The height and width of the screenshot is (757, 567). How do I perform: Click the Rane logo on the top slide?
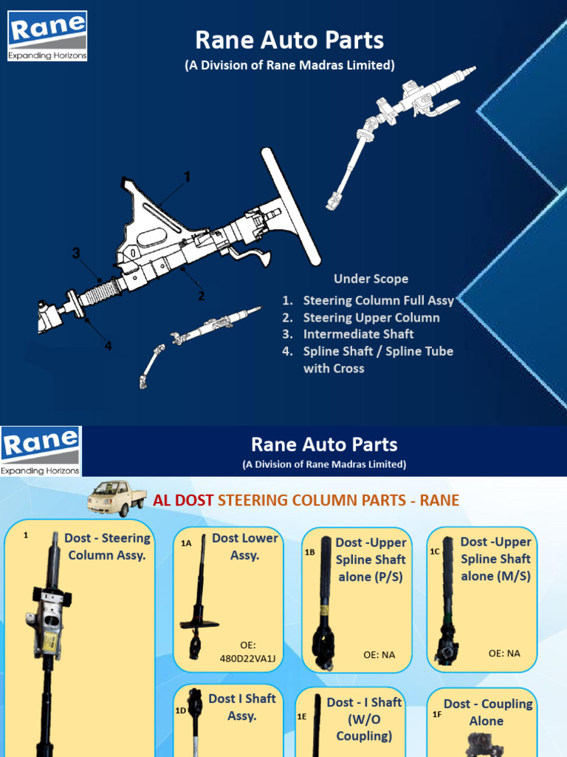click(x=47, y=35)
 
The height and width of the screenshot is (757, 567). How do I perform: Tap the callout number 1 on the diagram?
click(x=187, y=177)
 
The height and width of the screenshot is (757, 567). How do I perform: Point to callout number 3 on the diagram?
click(x=75, y=254)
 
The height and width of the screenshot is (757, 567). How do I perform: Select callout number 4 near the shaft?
click(x=109, y=345)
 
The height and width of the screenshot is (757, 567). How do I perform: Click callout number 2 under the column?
click(x=201, y=296)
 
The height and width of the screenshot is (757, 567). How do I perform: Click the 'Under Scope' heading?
click(x=371, y=279)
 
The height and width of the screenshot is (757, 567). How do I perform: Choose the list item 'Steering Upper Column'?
click(x=371, y=317)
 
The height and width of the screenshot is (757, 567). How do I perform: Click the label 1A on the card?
click(x=186, y=543)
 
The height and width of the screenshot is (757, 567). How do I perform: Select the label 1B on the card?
click(x=310, y=551)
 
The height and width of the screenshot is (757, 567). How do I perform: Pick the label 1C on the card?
click(x=435, y=551)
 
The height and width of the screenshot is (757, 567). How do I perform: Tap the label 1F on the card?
click(x=437, y=714)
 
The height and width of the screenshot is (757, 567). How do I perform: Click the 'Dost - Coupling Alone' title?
click(x=487, y=712)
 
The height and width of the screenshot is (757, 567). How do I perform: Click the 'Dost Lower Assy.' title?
click(x=244, y=546)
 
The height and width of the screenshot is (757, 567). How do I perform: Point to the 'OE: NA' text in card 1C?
click(x=504, y=653)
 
